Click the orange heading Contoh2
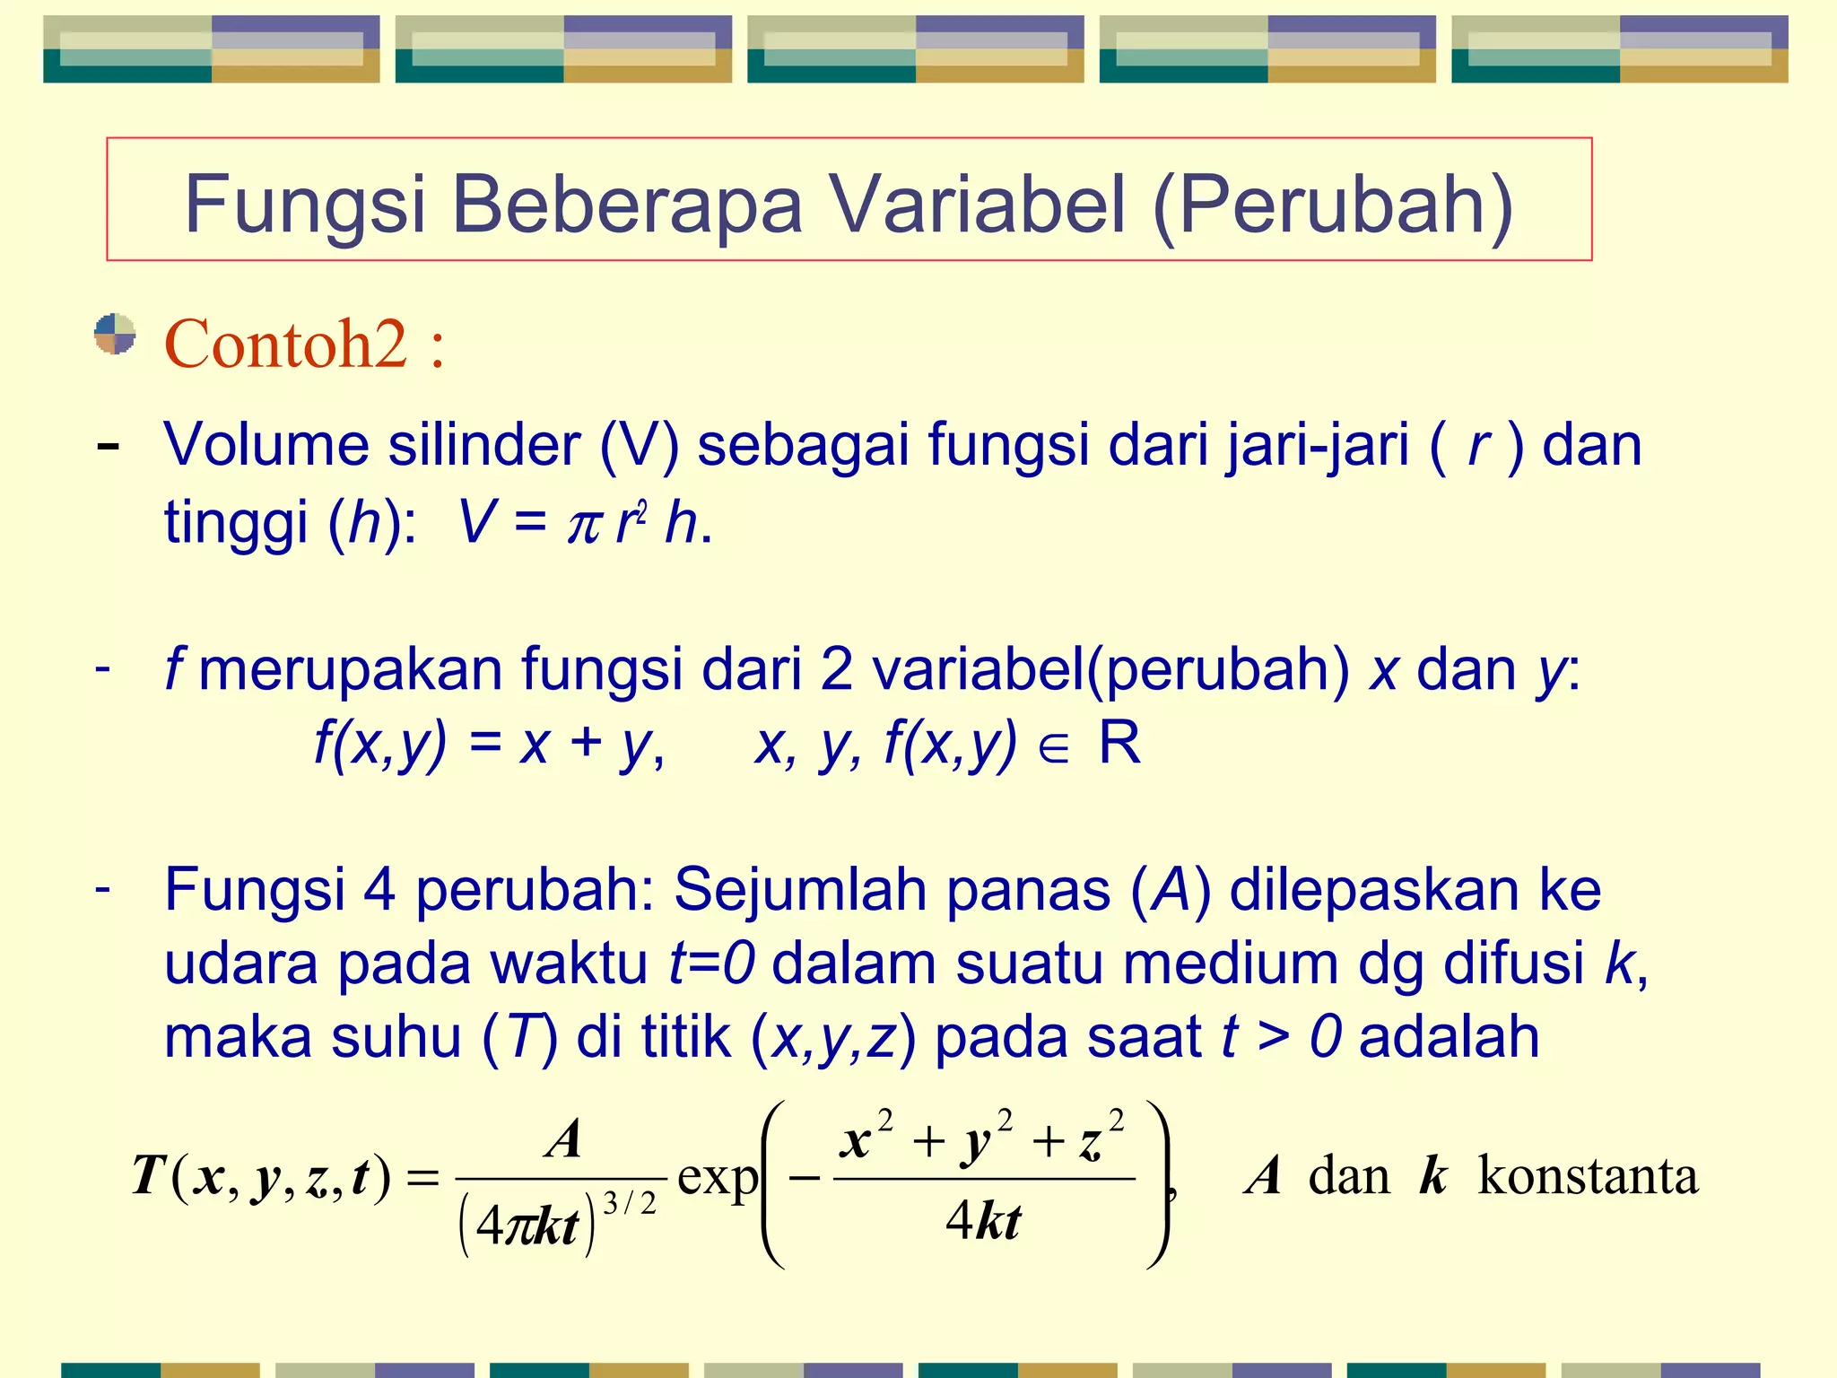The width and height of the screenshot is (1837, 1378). [286, 344]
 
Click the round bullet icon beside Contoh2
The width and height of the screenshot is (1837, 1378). [115, 335]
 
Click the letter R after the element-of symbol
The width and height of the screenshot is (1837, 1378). [1119, 743]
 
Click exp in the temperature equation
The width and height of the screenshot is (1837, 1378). [717, 1177]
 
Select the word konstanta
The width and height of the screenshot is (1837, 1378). [1588, 1176]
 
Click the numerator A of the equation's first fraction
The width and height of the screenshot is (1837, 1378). [564, 1140]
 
